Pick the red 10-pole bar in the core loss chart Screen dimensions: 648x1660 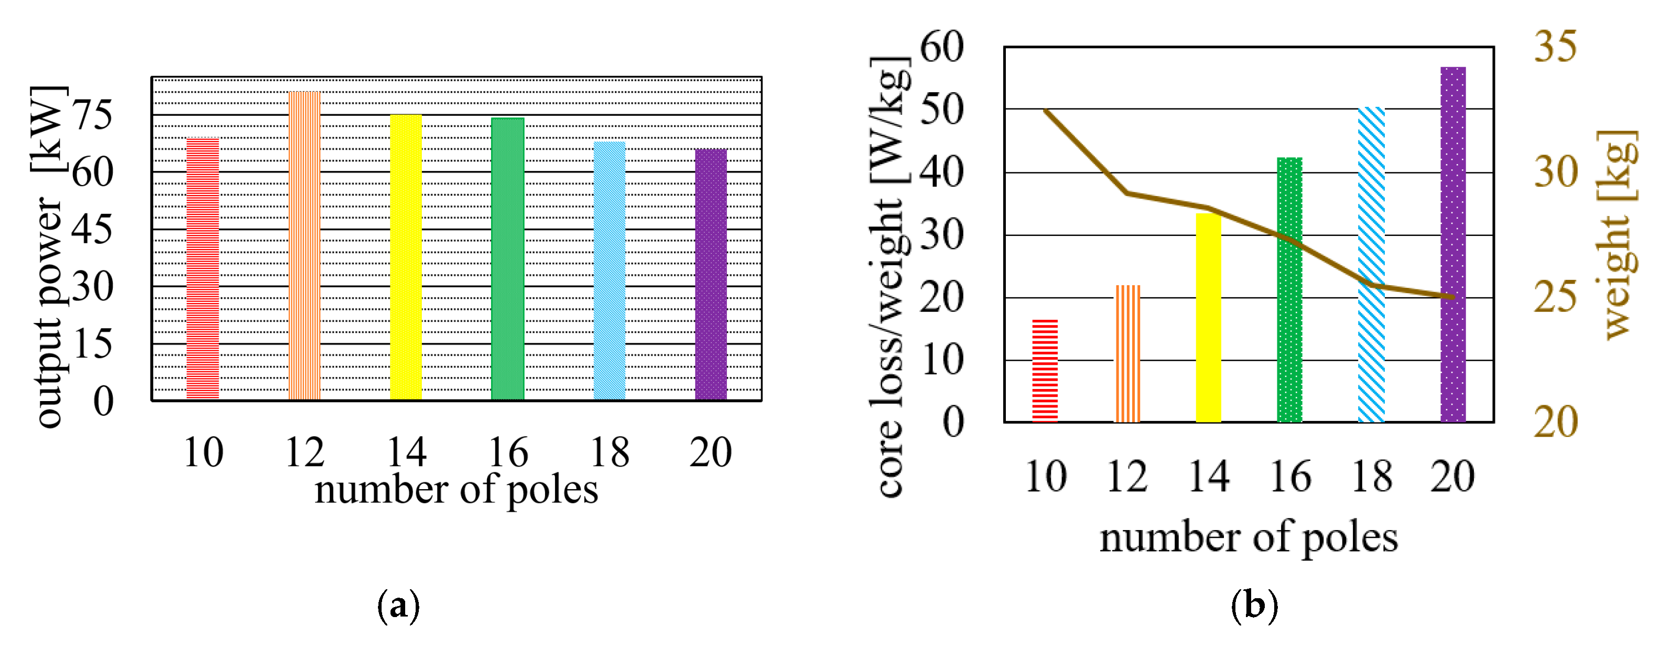(1045, 371)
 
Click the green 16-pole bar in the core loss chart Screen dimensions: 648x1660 (1289, 290)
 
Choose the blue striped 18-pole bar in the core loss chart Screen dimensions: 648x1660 (1371, 264)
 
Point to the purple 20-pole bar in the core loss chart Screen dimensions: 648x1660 (1453, 245)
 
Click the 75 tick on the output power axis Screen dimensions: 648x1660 (92, 115)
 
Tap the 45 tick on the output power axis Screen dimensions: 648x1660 (92, 230)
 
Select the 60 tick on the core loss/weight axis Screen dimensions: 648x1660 (941, 47)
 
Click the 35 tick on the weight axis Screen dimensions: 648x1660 (1556, 47)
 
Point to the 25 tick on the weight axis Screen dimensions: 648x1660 (1556, 297)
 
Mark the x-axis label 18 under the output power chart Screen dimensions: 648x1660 (610, 452)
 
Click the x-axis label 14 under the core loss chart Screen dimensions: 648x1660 (1209, 477)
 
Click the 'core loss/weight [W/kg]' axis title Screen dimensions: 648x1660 (890, 277)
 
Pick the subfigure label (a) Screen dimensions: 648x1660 (398, 606)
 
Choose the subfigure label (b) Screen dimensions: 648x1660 (1254, 606)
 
